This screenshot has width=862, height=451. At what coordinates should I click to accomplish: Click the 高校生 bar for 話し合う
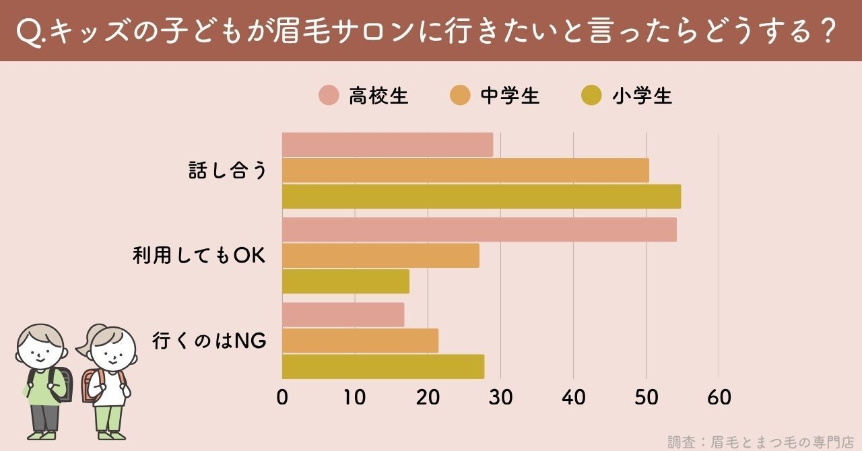387,145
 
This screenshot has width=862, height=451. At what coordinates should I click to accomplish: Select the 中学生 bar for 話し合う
465,170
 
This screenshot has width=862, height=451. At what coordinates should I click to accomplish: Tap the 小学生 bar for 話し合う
482,196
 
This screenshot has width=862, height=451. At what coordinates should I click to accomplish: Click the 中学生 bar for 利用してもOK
380,256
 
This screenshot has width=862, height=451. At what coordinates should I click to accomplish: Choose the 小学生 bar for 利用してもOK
345,281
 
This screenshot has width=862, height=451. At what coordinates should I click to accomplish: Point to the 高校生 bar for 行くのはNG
343,315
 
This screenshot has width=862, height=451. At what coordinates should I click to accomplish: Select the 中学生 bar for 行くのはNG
360,341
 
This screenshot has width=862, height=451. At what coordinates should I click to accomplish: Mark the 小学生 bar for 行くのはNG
383,366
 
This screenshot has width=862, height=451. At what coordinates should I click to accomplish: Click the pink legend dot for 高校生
329,96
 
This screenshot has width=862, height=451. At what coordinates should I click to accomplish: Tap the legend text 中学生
510,96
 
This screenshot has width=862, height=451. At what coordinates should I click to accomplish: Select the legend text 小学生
642,96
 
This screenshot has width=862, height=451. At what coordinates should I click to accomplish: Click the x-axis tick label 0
282,398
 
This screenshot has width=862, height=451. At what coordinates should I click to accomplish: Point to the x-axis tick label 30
500,398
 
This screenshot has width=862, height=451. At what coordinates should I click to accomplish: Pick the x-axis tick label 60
719,398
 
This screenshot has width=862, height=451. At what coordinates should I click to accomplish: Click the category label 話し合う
228,171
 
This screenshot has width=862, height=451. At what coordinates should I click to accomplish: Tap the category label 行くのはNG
209,341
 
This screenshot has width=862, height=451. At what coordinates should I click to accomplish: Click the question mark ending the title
830,31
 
